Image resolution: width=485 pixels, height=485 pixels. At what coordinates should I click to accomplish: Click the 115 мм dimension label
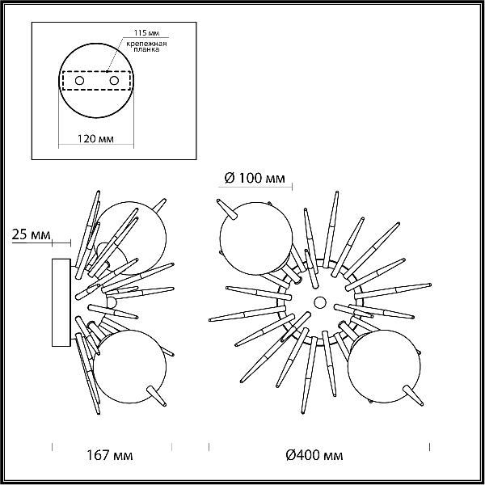[146, 33]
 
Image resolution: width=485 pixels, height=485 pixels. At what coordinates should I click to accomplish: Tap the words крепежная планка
[146, 46]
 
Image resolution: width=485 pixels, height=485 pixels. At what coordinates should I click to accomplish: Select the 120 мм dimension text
[95, 139]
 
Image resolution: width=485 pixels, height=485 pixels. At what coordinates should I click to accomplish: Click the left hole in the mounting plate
[79, 81]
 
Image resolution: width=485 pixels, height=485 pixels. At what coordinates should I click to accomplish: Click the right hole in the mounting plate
[114, 81]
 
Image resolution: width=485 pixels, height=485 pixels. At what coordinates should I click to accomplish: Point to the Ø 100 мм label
[255, 178]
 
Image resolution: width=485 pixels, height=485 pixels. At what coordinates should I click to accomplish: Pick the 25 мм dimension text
[31, 234]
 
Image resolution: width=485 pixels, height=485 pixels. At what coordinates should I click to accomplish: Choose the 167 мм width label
[109, 455]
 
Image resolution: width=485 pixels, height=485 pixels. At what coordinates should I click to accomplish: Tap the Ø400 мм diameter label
[314, 455]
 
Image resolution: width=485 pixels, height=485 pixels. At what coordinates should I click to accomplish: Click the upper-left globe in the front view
[256, 238]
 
